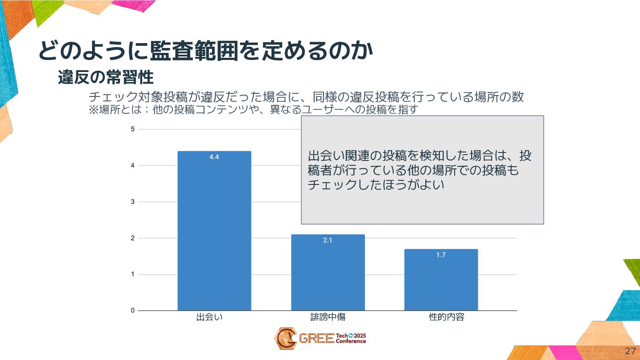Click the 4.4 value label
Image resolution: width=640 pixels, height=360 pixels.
[x=214, y=157]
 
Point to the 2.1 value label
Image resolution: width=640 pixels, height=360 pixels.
[x=328, y=240]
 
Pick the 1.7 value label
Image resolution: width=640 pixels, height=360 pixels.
[x=441, y=255]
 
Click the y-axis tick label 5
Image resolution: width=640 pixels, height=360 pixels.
[x=132, y=129]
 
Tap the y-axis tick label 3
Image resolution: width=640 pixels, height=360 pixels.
[x=132, y=202]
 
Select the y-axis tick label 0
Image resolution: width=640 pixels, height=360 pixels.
[x=132, y=311]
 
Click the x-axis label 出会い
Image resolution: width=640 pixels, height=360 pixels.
[x=209, y=317]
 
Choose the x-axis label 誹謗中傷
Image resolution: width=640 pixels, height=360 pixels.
[x=328, y=317]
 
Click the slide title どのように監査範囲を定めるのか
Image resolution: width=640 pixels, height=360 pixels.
[x=205, y=51]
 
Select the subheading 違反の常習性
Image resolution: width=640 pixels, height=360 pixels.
[x=106, y=78]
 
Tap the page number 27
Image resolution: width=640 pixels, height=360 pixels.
[x=630, y=351]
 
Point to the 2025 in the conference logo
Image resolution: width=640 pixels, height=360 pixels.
[x=360, y=336]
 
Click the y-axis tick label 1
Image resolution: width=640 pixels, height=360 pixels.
[x=132, y=274]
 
